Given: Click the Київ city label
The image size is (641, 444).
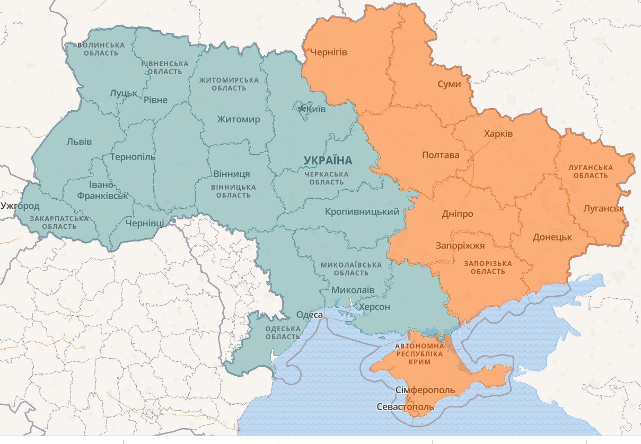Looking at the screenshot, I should tap(316, 109).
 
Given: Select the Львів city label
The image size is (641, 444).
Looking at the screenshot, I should tap(79, 141).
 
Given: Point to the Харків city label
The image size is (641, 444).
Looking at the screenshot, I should tap(498, 134).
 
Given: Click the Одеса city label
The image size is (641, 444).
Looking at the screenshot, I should tap(309, 315).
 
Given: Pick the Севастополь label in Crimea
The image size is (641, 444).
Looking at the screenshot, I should tap(405, 407).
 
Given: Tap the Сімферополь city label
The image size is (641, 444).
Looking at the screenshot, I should tap(425, 390).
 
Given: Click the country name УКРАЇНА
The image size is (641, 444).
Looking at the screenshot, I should tap(328, 160).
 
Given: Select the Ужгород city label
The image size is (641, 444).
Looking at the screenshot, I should tap(20, 206).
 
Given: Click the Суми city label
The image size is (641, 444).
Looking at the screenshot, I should tap(449, 84).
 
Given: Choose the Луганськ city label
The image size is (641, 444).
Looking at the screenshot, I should tap(603, 208).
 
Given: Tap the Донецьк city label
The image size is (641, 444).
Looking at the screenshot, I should tap(552, 237).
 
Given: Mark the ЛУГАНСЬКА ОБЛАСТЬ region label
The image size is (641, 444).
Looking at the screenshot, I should tap(590, 172).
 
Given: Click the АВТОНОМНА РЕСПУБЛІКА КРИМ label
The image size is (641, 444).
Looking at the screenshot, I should tap(419, 353).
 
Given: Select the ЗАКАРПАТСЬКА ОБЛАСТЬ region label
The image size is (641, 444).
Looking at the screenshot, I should tap(59, 223).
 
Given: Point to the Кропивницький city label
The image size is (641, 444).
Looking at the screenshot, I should tap(362, 212).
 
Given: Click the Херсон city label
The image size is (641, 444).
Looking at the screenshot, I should tap(374, 307).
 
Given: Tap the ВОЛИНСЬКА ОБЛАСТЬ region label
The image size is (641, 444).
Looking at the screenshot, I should tap(101, 49).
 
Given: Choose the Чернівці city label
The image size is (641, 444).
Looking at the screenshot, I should tap(145, 223).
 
